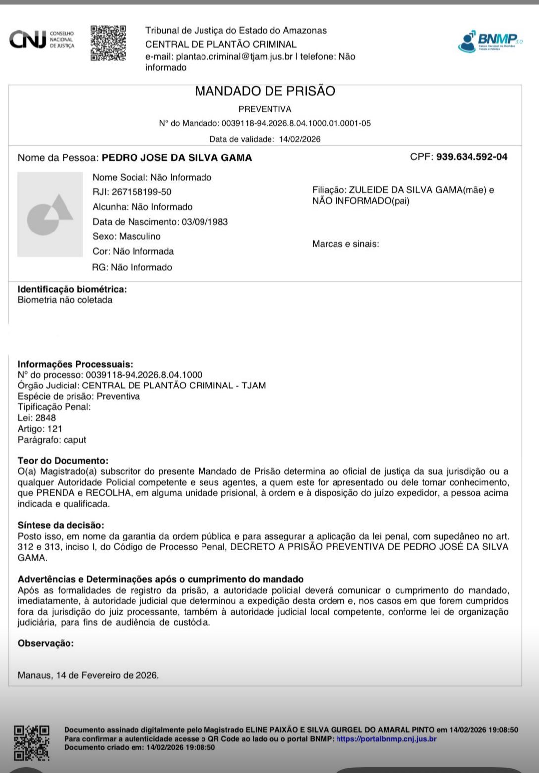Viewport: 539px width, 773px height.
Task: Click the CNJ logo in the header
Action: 42,40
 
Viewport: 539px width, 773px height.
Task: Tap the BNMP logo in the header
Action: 489,41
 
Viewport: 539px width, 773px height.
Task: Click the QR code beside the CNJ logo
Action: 108,43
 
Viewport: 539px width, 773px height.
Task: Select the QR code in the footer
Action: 32,743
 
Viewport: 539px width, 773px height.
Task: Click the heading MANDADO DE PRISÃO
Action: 265,91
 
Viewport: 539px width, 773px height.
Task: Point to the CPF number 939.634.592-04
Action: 472,157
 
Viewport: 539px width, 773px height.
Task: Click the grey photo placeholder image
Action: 50,215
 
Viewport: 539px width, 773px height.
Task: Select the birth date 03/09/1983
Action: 204,222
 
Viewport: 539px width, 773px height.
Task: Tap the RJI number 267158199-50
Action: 141,192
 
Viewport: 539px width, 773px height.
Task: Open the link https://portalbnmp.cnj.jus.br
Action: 386,739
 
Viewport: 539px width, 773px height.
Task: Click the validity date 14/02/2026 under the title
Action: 299,139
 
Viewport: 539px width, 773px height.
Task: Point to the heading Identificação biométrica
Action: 72,289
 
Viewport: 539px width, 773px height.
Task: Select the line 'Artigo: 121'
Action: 40,429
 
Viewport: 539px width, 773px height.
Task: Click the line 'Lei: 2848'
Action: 37,418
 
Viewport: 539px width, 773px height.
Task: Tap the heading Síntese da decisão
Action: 61,525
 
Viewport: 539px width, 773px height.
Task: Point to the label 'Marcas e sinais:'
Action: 345,244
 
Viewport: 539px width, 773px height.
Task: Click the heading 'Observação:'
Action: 46,643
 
